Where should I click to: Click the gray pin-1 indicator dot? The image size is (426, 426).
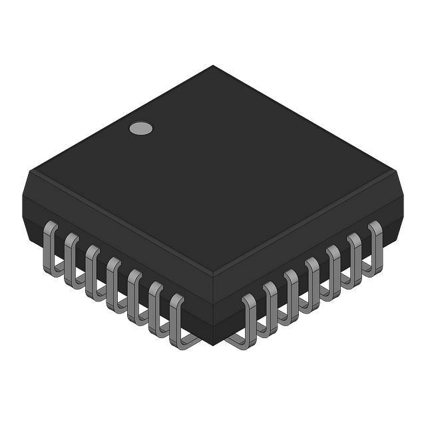(140, 128)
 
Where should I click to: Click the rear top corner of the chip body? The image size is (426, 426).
(213, 65)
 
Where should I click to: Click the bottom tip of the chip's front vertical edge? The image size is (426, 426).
(213, 345)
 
